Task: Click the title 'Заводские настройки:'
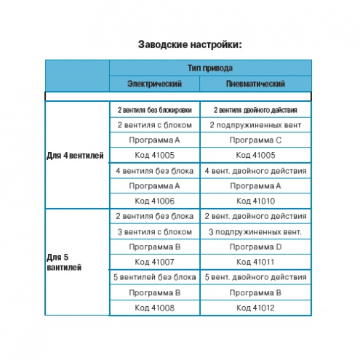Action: pyautogui.click(x=190, y=44)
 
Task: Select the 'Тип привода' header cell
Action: pyautogui.click(x=210, y=68)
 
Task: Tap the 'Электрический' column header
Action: pyautogui.click(x=154, y=84)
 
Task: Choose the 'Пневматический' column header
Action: pyautogui.click(x=255, y=84)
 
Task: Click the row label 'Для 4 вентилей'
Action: pyautogui.click(x=75, y=156)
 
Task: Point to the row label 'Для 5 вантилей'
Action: pyautogui.click(x=64, y=263)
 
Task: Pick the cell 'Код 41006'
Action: pyautogui.click(x=155, y=201)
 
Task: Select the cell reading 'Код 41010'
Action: pyautogui.click(x=255, y=201)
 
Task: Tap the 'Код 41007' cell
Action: pyautogui.click(x=155, y=262)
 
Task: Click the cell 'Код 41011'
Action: pyautogui.click(x=255, y=262)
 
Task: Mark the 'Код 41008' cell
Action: pyautogui.click(x=155, y=308)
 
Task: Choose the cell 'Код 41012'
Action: pyautogui.click(x=255, y=308)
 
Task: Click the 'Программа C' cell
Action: pyautogui.click(x=255, y=140)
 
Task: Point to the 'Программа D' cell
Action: pyautogui.click(x=255, y=247)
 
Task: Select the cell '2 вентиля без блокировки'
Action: pyautogui.click(x=155, y=110)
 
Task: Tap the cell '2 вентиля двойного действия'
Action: pyautogui.click(x=255, y=110)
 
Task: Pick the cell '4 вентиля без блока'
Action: pyautogui.click(x=155, y=171)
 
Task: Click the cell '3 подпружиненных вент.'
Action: pyautogui.click(x=255, y=232)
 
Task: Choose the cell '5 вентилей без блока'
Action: pyautogui.click(x=155, y=277)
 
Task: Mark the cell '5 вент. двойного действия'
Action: pyautogui.click(x=255, y=277)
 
